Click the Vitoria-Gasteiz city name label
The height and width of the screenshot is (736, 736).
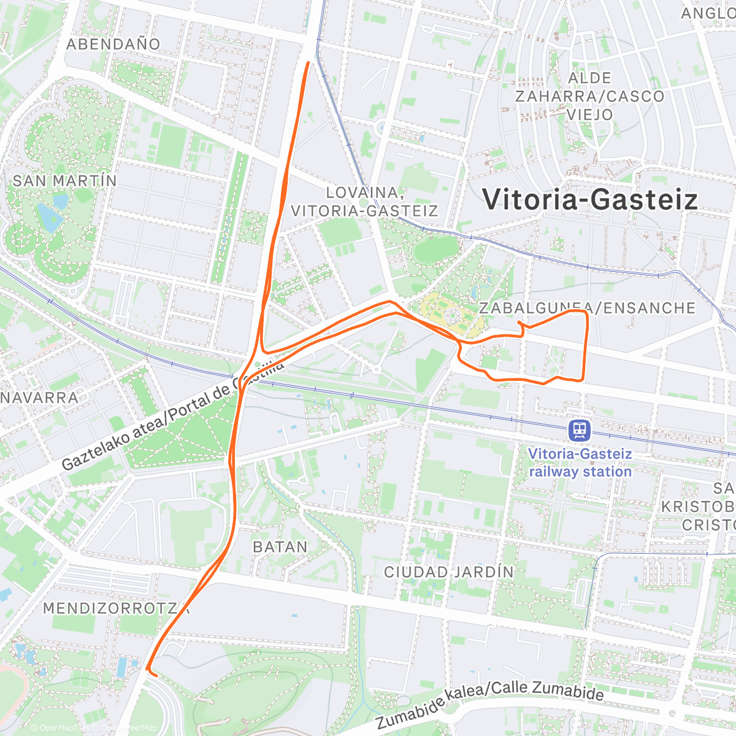[x=589, y=200]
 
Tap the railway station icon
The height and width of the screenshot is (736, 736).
[x=580, y=430]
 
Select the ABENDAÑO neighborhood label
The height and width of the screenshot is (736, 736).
[x=113, y=44]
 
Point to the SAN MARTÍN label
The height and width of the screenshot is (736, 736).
[x=64, y=181]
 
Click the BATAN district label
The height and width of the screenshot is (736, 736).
[x=280, y=546]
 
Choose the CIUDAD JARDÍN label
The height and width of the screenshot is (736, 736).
[x=449, y=572]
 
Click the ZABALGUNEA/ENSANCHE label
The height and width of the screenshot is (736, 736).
[x=587, y=308]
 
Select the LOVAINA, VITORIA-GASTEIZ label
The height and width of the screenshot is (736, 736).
[x=364, y=202]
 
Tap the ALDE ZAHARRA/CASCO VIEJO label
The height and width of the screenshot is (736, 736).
[x=589, y=96]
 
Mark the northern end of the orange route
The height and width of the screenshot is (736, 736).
[x=307, y=62]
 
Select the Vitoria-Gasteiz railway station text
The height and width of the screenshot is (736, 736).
[x=580, y=463]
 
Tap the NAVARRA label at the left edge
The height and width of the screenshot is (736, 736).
[x=40, y=397]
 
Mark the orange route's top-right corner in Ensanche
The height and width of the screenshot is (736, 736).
[x=586, y=313]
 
